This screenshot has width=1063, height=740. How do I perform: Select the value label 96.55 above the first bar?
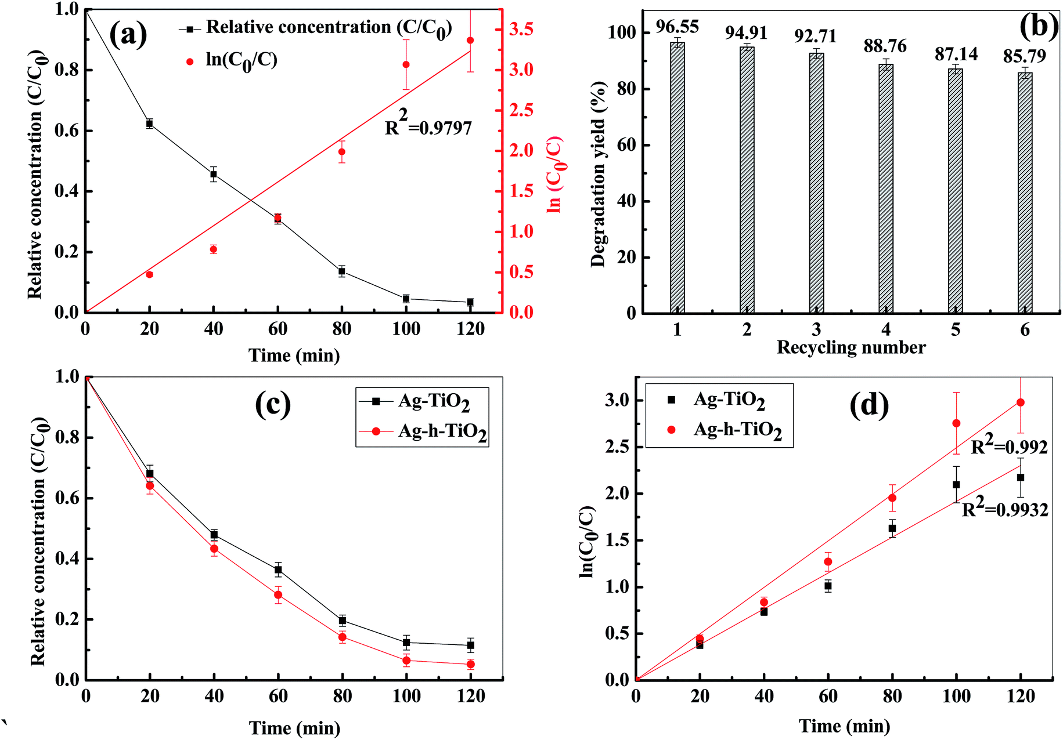click(x=677, y=27)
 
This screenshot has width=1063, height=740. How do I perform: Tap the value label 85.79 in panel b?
click(x=1025, y=56)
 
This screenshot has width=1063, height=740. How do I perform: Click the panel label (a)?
click(x=128, y=35)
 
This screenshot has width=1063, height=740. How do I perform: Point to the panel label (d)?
click(x=869, y=404)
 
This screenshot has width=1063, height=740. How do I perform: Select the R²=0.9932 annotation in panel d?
click(x=1005, y=510)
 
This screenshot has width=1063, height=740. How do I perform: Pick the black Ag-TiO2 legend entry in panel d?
click(x=719, y=400)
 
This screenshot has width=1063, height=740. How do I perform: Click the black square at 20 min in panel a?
click(x=149, y=124)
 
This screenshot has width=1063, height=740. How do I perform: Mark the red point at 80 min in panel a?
click(x=342, y=152)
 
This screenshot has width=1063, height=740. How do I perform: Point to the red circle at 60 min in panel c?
click(x=278, y=595)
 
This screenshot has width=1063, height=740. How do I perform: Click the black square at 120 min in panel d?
click(x=1021, y=478)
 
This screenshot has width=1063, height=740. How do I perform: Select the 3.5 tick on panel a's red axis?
click(x=521, y=29)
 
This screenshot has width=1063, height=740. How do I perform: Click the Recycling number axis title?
click(x=851, y=347)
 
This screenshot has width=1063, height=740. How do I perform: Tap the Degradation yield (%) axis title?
click(x=598, y=174)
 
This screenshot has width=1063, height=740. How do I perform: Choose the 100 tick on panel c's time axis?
click(x=406, y=696)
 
